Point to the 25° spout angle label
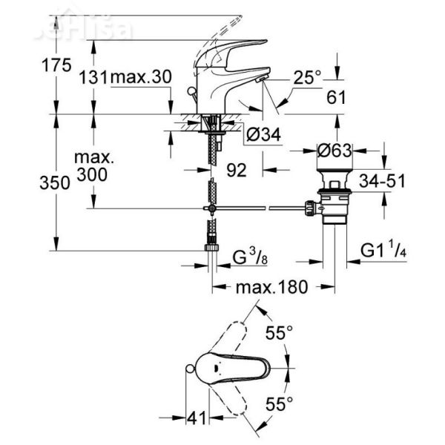point(306,77)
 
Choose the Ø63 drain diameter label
point(336,148)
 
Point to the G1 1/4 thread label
point(384,249)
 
